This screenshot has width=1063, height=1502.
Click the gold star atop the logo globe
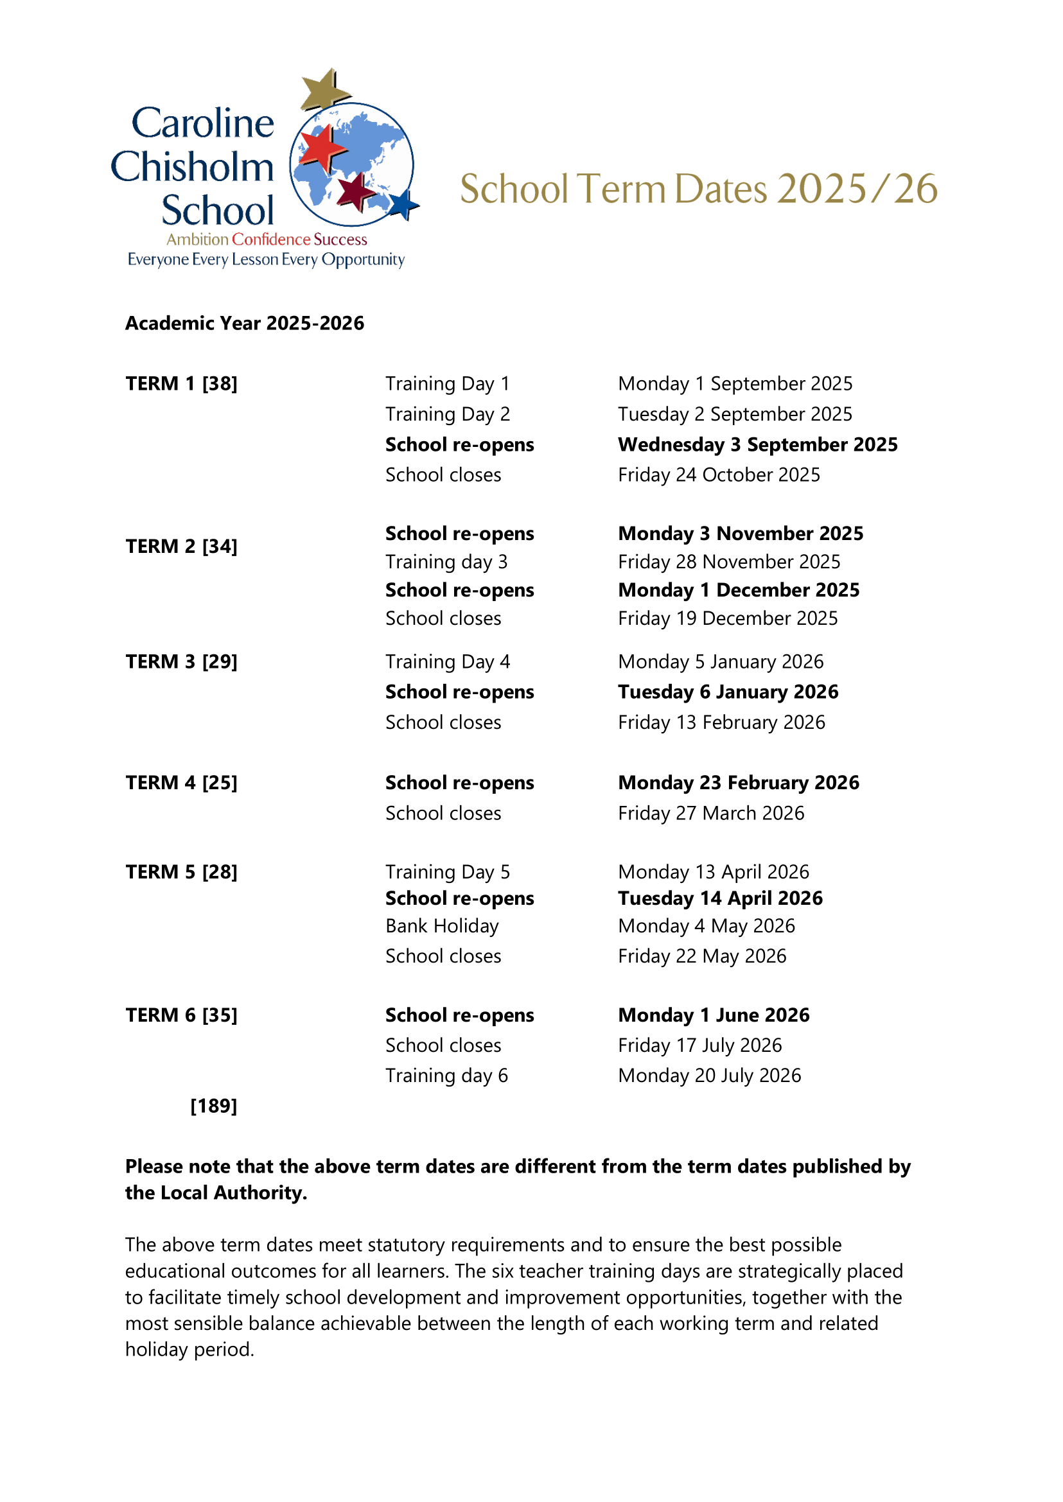coord(324,89)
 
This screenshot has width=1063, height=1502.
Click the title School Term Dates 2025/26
coord(698,189)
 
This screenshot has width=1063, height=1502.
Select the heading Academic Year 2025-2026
coord(245,323)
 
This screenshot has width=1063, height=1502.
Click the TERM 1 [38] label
coord(181,383)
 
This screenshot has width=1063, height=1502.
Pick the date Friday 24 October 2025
coord(719,475)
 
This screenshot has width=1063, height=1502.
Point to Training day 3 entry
coord(446,562)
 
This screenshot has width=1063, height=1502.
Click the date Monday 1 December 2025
coord(739,590)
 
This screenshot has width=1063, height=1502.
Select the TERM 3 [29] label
coord(181,661)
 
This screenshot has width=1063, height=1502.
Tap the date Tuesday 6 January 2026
coord(728,692)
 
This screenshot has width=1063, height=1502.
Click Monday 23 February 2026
coord(739,783)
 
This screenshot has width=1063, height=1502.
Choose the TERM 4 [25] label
coord(181,783)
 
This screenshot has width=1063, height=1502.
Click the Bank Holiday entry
coord(443,926)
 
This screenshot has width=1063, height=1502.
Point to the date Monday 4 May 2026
coord(707,926)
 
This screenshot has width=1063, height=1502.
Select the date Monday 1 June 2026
coord(714,1015)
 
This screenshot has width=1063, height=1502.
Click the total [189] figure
coord(213,1106)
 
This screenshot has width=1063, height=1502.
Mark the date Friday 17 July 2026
coord(699,1045)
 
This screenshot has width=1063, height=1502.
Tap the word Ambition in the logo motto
coord(197,240)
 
